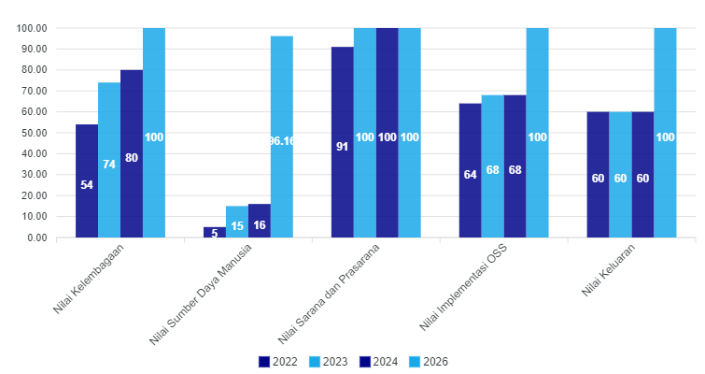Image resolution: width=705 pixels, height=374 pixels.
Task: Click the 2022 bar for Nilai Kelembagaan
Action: (87, 180)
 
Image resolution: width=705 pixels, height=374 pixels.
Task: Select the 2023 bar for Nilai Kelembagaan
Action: (109, 160)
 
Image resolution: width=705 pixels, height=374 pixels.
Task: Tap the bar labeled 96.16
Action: (282, 137)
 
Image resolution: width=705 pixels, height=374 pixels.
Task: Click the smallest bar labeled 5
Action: (215, 232)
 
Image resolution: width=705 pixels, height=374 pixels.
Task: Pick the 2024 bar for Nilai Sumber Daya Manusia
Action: (260, 221)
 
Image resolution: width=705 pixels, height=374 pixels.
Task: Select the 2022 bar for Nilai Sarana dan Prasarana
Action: (343, 142)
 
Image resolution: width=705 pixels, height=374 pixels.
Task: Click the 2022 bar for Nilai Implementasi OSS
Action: (471, 170)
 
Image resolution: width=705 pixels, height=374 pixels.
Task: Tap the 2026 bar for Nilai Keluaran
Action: (666, 133)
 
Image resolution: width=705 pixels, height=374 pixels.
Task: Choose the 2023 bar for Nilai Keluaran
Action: (620, 174)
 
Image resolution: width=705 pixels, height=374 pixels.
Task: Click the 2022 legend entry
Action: (278, 362)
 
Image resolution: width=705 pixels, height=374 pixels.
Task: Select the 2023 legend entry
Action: (328, 362)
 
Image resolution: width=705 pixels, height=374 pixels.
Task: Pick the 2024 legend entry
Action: (378, 362)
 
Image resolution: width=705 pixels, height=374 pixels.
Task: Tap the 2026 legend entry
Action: (429, 362)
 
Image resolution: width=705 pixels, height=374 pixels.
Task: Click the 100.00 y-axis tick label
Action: (32, 28)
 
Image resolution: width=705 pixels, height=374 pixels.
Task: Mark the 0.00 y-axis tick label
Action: (37, 237)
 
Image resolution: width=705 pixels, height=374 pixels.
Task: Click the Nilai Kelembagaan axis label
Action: (88, 279)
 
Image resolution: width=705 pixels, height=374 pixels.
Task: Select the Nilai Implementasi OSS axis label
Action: (463, 287)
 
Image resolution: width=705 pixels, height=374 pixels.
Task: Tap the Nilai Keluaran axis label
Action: (608, 270)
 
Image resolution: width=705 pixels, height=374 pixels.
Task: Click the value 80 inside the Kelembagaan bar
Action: (132, 158)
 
